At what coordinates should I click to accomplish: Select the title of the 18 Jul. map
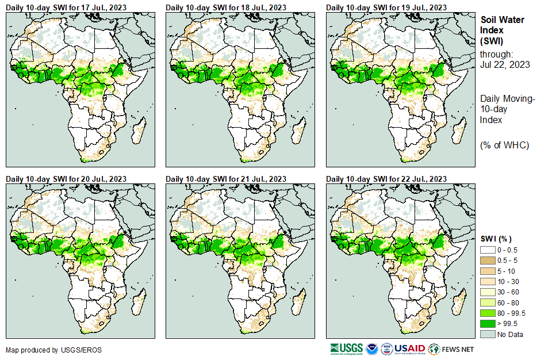coord(226,7)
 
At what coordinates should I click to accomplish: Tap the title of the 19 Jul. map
coord(386,7)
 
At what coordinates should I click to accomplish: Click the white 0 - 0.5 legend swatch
coord(488,250)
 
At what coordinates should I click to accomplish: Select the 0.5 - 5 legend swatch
coord(488,261)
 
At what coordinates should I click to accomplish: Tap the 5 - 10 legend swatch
coord(488,271)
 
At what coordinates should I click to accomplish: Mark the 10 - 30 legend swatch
coord(488,282)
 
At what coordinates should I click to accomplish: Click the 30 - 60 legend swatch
coord(488,292)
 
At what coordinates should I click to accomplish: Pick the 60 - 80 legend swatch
coord(488,302)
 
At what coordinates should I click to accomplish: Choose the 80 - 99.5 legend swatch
coord(488,313)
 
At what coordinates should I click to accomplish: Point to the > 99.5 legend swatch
coord(488,324)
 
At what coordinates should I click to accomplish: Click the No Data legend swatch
coord(488,334)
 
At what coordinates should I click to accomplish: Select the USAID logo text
coord(409,349)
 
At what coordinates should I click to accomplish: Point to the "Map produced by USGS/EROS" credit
coord(46,350)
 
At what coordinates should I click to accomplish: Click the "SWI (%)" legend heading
coord(496,239)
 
